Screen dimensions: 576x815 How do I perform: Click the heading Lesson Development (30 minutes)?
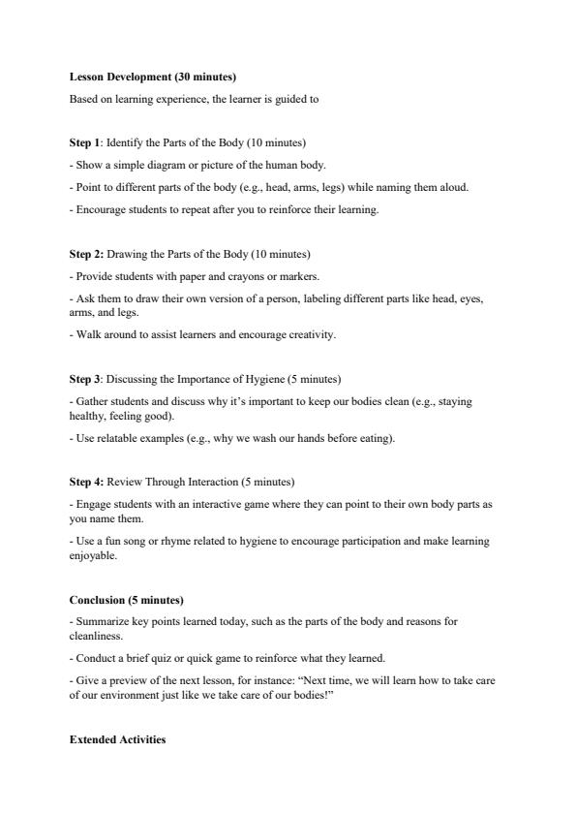point(152,77)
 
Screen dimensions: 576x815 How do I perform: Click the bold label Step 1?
point(84,143)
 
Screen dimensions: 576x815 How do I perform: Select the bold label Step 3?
point(84,379)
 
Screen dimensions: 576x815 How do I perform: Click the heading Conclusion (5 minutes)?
point(126,600)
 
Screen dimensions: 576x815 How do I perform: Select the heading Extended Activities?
point(117,739)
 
